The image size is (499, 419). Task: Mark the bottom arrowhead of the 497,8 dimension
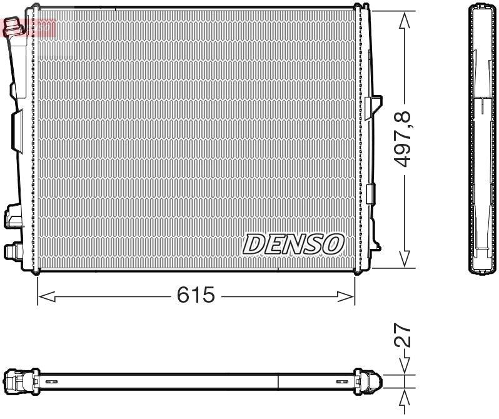[x=405, y=259]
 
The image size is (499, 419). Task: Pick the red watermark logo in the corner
[x=29, y=27]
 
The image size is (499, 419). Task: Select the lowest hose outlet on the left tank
[x=12, y=251]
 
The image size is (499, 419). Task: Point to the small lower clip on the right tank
[x=371, y=194]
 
